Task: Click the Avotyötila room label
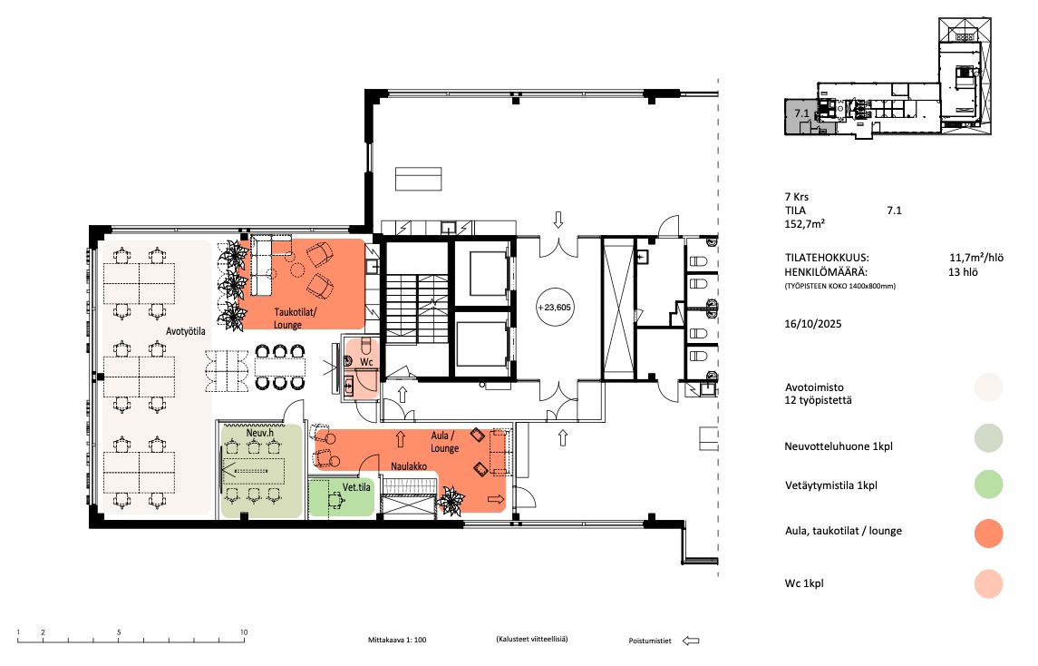[x=185, y=331]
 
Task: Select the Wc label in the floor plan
[x=366, y=362]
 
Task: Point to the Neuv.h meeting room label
[x=259, y=433]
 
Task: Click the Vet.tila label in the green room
[x=356, y=487]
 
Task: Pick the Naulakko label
[x=409, y=466]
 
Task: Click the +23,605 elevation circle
[x=554, y=308]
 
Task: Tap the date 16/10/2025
[x=813, y=324]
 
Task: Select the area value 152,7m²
[x=804, y=224]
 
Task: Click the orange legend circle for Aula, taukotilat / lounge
[x=988, y=533]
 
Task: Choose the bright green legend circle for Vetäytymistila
[x=988, y=485]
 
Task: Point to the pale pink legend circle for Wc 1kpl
[x=988, y=583]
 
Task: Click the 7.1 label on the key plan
[x=801, y=113]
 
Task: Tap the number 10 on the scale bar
[x=244, y=632]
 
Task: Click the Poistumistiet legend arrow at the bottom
[x=691, y=641]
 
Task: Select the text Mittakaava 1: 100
[x=397, y=641]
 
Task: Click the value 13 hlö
[x=963, y=272]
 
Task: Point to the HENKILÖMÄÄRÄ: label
[x=826, y=271]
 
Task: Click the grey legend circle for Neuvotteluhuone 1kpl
[x=988, y=438]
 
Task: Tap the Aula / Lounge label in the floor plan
[x=444, y=442]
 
